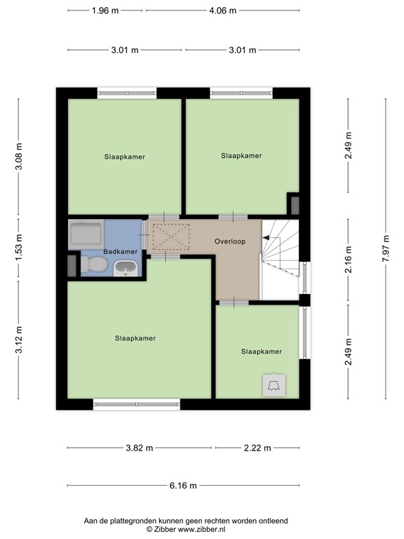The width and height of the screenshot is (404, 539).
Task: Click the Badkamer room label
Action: click(121, 251)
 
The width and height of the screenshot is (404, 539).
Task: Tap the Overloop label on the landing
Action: click(229, 241)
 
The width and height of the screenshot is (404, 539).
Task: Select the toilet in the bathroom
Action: click(95, 265)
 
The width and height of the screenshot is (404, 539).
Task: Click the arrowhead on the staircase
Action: click(266, 239)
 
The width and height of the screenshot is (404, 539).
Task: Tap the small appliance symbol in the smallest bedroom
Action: click(273, 383)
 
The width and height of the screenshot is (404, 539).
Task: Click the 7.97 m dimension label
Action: click(385, 248)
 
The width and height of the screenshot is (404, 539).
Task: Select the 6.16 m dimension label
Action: click(182, 485)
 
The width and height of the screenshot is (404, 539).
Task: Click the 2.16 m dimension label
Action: click(348, 248)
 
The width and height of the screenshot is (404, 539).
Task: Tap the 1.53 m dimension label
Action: click(19, 248)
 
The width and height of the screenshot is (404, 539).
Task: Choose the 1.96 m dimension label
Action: click(106, 11)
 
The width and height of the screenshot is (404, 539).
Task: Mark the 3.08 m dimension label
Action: click(19, 156)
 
